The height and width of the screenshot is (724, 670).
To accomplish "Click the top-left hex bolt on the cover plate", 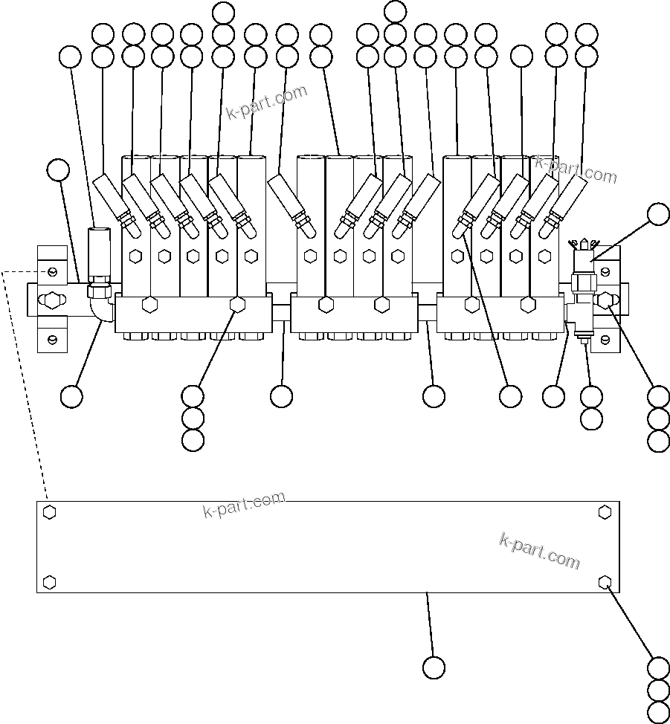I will click(x=49, y=512).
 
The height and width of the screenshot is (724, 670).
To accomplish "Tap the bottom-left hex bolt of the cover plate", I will click(x=49, y=581).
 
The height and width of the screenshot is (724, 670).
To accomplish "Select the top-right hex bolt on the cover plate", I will click(x=605, y=511).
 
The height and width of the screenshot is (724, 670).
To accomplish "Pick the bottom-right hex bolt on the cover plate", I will click(x=605, y=581).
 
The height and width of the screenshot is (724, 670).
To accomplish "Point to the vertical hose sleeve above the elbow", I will click(x=97, y=252).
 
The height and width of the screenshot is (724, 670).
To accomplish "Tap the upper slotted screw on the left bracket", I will click(x=52, y=270).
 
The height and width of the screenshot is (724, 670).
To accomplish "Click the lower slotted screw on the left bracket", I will click(x=52, y=340).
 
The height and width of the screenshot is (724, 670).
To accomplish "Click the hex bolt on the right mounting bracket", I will click(x=606, y=301).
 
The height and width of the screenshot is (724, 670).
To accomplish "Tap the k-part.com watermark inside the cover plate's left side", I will click(x=244, y=505).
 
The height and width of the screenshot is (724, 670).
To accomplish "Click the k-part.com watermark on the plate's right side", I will click(x=539, y=550).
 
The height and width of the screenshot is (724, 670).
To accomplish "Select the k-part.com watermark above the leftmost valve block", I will click(x=266, y=103).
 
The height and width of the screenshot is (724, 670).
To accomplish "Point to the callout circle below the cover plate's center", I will click(x=434, y=667).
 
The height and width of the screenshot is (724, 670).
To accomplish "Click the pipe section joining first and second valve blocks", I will click(x=280, y=311).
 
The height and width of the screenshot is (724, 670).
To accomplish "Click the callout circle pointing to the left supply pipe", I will click(x=58, y=170).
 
